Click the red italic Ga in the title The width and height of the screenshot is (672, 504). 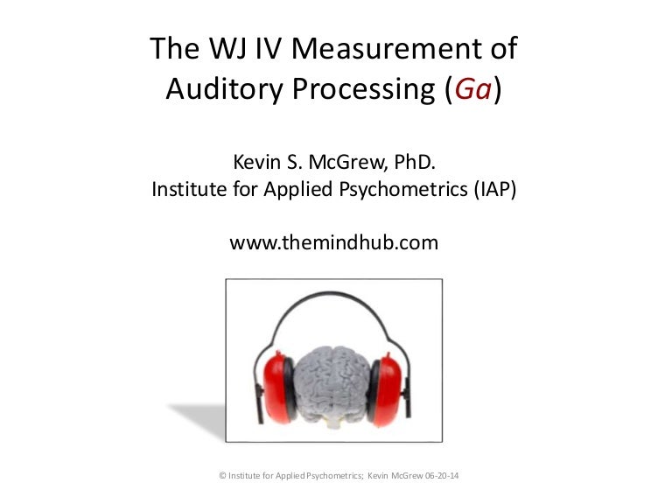coord(472,88)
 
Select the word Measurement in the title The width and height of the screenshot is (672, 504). coord(386,48)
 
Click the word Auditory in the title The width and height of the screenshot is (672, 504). coord(224,89)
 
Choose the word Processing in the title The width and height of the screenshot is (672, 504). coord(363,89)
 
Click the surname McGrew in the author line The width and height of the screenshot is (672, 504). coord(347,162)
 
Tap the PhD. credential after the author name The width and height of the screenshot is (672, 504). coord(415,162)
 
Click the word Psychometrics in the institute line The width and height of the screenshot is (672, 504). coord(402,189)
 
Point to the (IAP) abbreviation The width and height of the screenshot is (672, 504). coord(495,189)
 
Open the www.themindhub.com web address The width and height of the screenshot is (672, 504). coord(334,242)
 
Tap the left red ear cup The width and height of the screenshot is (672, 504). coord(276,388)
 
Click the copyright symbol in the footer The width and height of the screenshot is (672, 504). coord(222,475)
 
